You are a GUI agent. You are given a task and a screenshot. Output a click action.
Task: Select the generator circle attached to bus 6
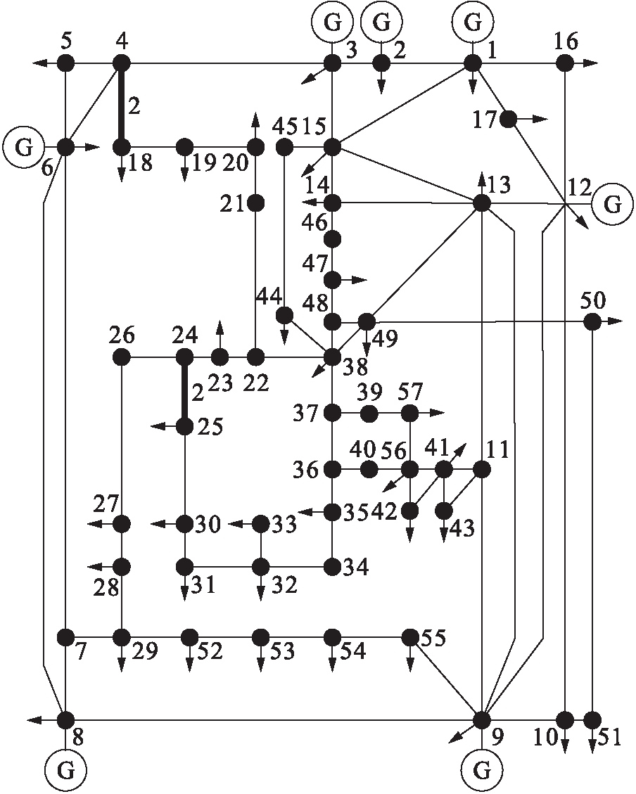(24, 147)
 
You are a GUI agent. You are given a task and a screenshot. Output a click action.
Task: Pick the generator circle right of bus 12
(613, 204)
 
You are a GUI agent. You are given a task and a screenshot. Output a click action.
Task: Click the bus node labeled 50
(592, 321)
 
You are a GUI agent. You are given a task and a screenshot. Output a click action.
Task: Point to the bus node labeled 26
(122, 357)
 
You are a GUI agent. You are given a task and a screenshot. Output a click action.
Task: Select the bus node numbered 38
(332, 357)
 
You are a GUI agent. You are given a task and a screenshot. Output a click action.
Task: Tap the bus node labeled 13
(481, 203)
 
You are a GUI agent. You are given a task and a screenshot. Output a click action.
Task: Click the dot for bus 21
(255, 203)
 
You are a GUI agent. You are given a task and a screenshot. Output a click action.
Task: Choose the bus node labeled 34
(332, 565)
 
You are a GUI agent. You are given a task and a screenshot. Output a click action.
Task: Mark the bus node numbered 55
(409, 637)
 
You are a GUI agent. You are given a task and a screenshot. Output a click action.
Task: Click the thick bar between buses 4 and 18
(122, 105)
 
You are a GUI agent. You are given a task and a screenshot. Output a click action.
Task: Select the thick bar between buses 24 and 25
(184, 392)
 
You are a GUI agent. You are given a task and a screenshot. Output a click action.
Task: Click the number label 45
(285, 127)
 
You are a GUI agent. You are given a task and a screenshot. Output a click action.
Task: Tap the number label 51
(608, 739)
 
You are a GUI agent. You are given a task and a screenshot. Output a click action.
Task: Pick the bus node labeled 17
(508, 119)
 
